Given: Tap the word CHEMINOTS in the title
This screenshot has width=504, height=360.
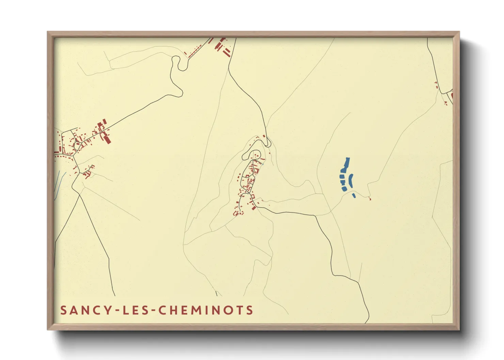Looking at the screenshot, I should coord(206,310).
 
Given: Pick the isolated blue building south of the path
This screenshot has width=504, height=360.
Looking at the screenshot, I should coord(354,195).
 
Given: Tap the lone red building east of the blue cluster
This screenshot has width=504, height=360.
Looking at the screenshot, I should coord(370,199).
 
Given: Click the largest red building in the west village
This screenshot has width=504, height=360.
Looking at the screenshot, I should coord(107,139).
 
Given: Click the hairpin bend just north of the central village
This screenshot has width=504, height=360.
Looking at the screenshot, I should coord(268,141).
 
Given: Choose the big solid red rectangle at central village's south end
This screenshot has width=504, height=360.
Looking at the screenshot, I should coord(254,207).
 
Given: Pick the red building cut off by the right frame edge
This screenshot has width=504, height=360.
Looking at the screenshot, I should coord(452,97).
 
